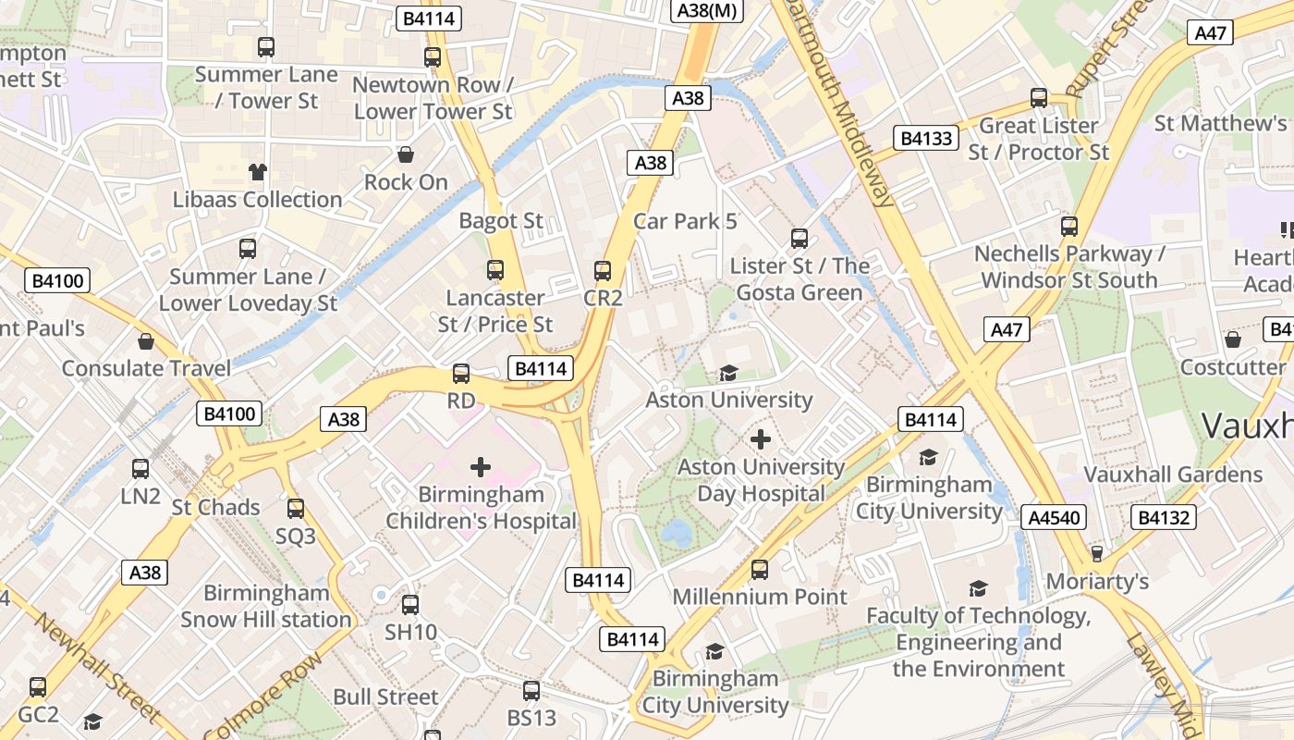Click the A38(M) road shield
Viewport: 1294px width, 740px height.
click(706, 10)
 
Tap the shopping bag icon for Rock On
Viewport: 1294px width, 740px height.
click(405, 154)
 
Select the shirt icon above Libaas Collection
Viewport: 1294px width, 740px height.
click(257, 171)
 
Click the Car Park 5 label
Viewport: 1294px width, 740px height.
click(685, 221)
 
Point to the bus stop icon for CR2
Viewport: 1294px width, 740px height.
click(603, 271)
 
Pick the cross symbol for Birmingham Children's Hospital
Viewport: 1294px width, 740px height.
click(481, 467)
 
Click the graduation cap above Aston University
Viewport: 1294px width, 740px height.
click(728, 373)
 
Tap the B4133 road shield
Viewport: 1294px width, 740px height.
click(927, 139)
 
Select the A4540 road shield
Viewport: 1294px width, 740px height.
click(1055, 517)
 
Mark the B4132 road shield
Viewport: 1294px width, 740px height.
click(1164, 517)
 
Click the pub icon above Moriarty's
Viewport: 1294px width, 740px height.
click(1097, 553)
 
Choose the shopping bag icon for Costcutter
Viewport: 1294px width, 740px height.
click(1232, 339)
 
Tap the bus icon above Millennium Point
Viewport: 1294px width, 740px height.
click(760, 569)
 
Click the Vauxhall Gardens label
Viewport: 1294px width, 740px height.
click(1172, 475)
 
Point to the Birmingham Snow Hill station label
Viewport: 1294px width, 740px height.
click(266, 606)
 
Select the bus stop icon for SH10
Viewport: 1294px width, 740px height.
click(410, 605)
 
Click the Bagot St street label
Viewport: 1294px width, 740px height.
click(501, 221)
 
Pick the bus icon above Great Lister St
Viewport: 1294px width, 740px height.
click(1039, 98)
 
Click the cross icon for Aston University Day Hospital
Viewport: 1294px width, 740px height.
click(761, 439)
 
